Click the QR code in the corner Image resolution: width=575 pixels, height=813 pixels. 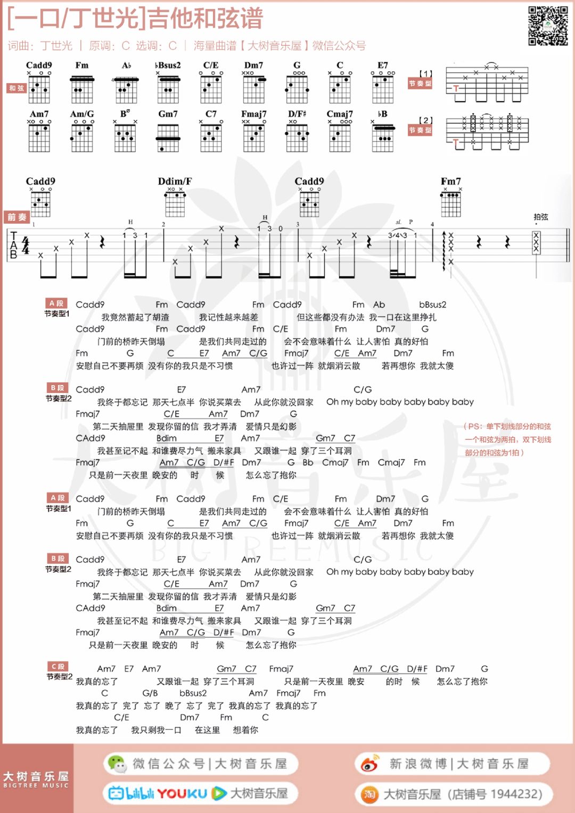click(x=548, y=26)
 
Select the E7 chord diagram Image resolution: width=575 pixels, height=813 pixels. click(x=383, y=89)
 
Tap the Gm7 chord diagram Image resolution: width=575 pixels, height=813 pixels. click(x=168, y=137)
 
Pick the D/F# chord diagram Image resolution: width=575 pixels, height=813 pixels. click(x=297, y=137)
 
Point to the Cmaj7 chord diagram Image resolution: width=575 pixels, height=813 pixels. click(x=340, y=137)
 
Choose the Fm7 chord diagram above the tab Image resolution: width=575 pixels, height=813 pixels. click(x=451, y=203)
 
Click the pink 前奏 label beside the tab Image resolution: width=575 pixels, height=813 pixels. click(x=17, y=217)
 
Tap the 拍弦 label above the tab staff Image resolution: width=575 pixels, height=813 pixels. click(x=540, y=217)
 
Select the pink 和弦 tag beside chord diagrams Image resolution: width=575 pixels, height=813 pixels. click(x=17, y=88)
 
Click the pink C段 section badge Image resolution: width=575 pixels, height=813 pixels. click(x=57, y=667)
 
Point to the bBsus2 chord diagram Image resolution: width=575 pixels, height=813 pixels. click(x=168, y=89)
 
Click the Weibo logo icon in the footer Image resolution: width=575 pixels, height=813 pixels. click(x=369, y=764)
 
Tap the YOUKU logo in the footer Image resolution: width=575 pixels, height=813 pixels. click(x=182, y=794)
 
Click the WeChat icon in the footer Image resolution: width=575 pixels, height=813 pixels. click(x=116, y=764)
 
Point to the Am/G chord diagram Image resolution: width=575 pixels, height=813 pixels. click(x=82, y=137)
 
